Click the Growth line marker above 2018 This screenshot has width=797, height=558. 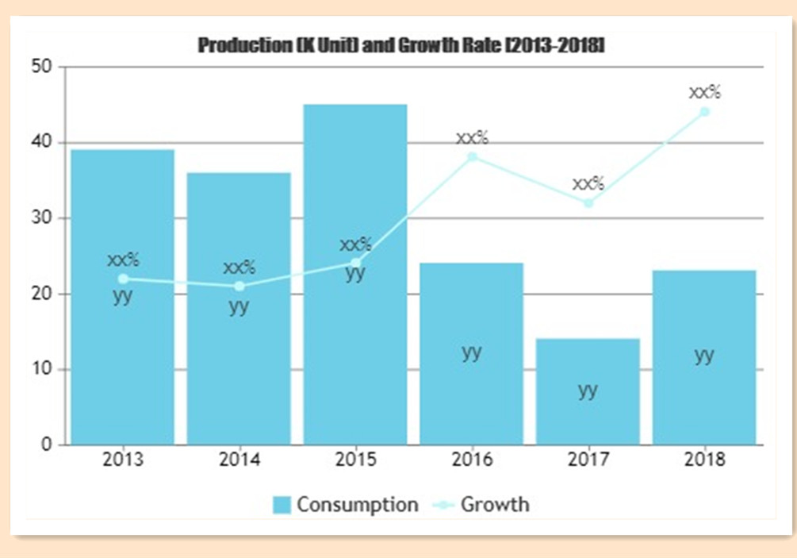tap(704, 112)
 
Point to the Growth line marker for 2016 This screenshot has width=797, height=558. tap(472, 157)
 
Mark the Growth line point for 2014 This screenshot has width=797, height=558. tap(239, 286)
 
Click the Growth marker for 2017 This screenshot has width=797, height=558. tap(588, 202)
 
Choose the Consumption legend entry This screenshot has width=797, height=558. tap(346, 504)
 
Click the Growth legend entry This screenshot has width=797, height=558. tap(484, 504)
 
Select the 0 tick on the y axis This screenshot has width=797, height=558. tap(48, 444)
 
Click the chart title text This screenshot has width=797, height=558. tap(401, 45)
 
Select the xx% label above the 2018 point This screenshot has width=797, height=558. tap(704, 92)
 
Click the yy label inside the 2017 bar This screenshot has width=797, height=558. tap(588, 390)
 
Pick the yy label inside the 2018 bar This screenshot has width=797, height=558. tap(704, 355)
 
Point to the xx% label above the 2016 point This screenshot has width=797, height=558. tap(472, 137)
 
